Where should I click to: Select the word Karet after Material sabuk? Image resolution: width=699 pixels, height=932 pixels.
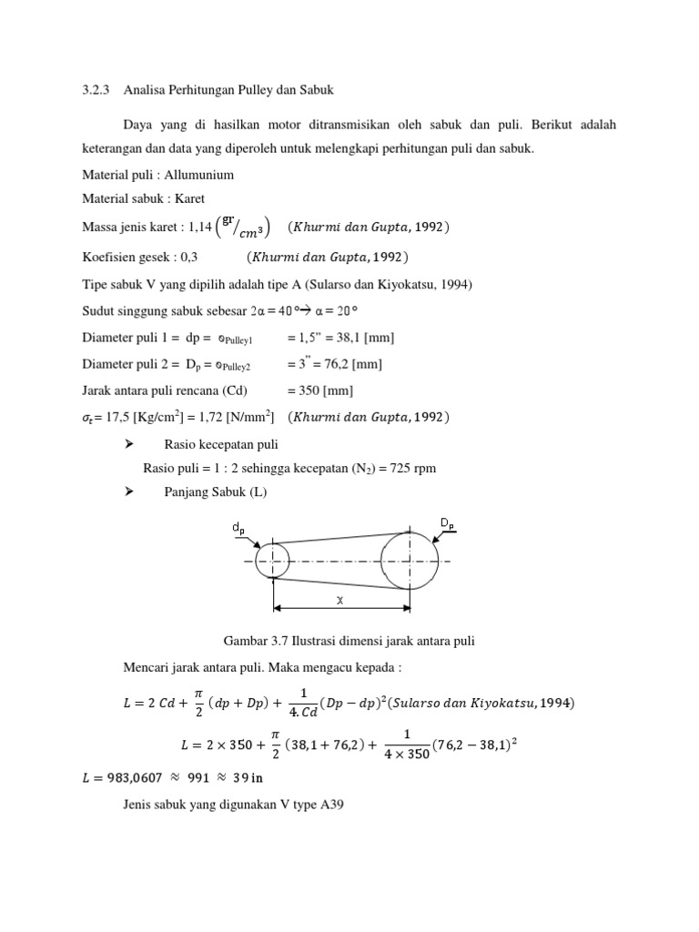pos(187,198)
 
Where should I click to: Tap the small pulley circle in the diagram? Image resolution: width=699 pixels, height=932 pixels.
pos(272,560)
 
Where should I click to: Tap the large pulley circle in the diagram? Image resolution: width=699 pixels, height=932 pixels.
pos(409,561)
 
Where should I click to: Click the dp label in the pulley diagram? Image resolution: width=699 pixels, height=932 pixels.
pos(238,528)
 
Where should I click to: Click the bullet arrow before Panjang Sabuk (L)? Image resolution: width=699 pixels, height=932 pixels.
pos(128,491)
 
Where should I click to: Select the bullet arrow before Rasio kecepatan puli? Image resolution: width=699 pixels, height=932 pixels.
pos(128,444)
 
